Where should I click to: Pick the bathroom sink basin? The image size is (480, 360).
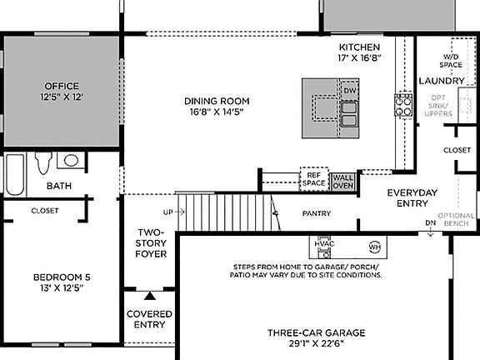pos(72,160)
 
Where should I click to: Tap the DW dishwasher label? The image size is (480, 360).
pos(349,90)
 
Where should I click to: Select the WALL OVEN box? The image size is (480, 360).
pos(343,182)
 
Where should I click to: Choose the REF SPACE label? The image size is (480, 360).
pos(313,179)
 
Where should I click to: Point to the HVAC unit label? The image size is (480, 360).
pos(322,242)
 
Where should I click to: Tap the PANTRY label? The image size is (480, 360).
pos(317,213)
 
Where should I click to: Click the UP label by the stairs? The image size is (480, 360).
pos(168,212)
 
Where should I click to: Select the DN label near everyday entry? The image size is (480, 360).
pos(430,223)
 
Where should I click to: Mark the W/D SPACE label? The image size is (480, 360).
pos(451,60)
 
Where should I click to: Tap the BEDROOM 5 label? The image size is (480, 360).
pos(59,282)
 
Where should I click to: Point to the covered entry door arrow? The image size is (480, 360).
pos(149,295)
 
